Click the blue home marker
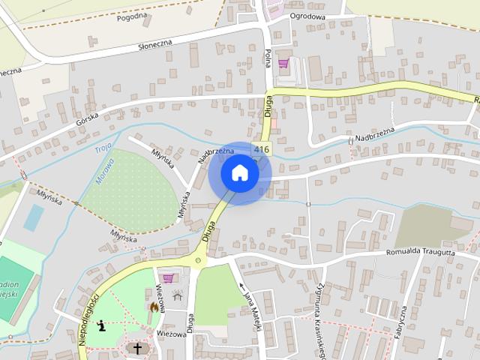[x=239, y=173]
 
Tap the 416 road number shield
[x=261, y=150]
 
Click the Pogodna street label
[x=133, y=16]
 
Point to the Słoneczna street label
[x=155, y=46]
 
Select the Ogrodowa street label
[x=307, y=16]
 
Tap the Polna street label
[x=268, y=57]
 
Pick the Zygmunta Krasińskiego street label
[x=320, y=315]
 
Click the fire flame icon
[x=154, y=307]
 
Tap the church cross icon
[x=136, y=348]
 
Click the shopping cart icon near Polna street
[x=283, y=64]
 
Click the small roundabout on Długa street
[x=198, y=261]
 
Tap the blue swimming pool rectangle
[x=34, y=217]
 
